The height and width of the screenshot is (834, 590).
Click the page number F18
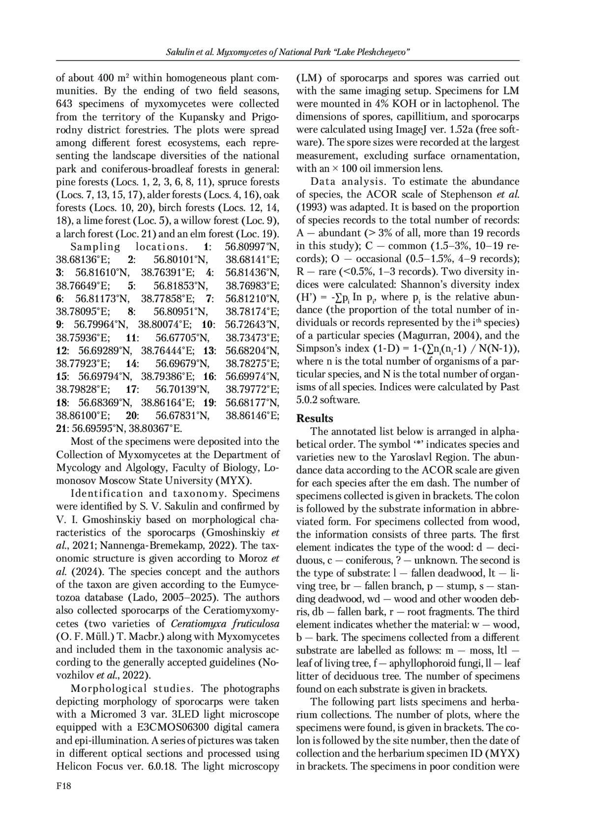[64, 787]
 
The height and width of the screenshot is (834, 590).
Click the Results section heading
[315, 418]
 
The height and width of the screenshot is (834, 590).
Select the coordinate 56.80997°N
[252, 247]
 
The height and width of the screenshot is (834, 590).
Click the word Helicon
[73, 766]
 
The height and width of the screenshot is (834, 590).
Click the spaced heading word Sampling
[95, 247]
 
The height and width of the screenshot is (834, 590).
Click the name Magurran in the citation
[425, 336]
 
